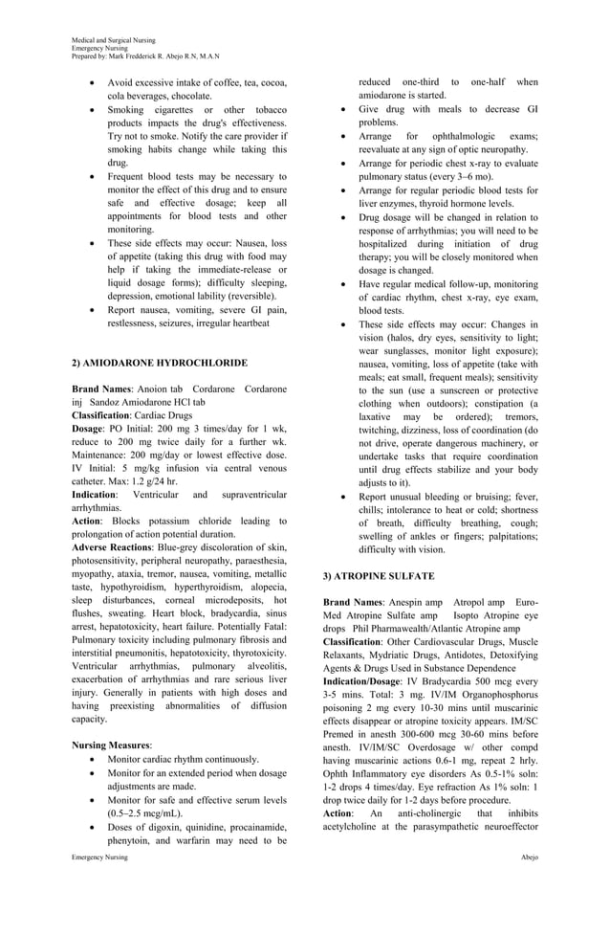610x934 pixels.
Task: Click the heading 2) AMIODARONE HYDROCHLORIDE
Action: (x=160, y=364)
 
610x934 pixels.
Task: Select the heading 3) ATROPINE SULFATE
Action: (x=379, y=576)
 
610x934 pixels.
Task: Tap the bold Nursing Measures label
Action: (x=112, y=744)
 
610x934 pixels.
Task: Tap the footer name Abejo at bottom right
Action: (x=529, y=856)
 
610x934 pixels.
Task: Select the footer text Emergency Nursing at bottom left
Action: (x=99, y=856)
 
